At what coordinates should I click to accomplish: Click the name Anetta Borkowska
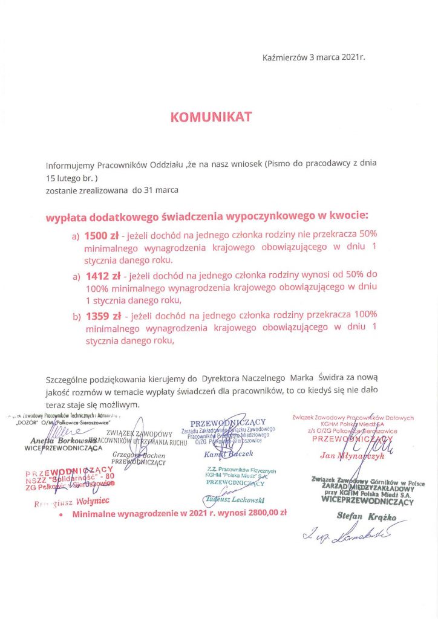(51, 441)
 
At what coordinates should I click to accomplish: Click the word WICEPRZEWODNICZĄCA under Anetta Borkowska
(64, 449)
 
